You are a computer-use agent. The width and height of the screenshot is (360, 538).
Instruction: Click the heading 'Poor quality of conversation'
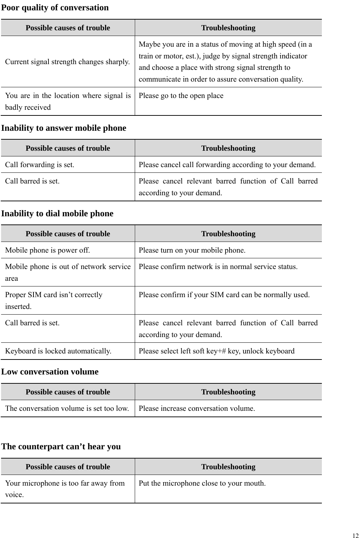(55, 7)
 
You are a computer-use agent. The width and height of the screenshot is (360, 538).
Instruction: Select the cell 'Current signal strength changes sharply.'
(67, 62)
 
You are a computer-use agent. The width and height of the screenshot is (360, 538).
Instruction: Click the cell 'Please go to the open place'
(181, 96)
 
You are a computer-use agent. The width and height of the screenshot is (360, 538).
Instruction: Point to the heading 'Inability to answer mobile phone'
(64, 128)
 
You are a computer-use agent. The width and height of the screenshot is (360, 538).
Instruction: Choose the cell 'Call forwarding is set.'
(40, 165)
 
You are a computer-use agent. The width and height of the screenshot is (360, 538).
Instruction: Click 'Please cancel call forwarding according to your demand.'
(227, 165)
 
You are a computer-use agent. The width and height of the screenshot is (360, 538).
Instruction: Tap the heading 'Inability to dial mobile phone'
(57, 213)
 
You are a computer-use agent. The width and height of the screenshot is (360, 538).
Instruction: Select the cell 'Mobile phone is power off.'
(47, 250)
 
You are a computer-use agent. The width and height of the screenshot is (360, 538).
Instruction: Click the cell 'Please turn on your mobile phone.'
(192, 250)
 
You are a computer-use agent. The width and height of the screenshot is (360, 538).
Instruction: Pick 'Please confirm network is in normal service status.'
(218, 267)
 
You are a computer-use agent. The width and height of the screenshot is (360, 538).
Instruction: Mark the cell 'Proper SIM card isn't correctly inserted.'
(53, 300)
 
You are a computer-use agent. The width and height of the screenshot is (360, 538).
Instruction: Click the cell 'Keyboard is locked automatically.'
(58, 351)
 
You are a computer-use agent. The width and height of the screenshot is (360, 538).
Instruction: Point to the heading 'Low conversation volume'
(50, 372)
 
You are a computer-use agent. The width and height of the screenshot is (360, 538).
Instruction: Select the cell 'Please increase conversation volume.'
(197, 408)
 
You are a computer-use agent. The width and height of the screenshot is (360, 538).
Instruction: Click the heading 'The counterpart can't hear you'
(61, 446)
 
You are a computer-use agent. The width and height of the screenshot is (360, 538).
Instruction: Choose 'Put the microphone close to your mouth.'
(202, 483)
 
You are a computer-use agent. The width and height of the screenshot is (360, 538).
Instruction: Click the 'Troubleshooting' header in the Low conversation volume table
(228, 392)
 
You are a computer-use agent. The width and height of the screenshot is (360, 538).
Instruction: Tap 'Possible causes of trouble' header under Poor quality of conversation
(68, 28)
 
